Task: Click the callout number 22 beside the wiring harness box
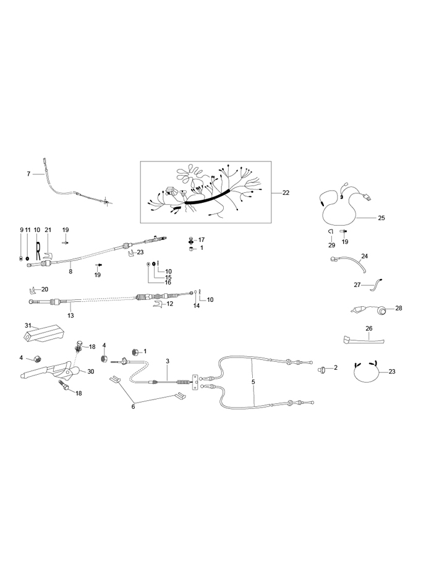[x=286, y=193]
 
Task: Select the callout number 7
[x=28, y=174]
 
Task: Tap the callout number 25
[x=381, y=218]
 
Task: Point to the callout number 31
[x=28, y=326]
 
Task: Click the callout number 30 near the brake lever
[x=90, y=372]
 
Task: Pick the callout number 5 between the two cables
[x=253, y=382]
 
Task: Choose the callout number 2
[x=336, y=368]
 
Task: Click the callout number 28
[x=398, y=308]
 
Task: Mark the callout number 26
[x=369, y=328]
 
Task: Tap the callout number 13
[x=70, y=315]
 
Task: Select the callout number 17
[x=202, y=239]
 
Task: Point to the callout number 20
[x=45, y=289]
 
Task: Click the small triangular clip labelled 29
[x=331, y=231]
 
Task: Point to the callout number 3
[x=167, y=361]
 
